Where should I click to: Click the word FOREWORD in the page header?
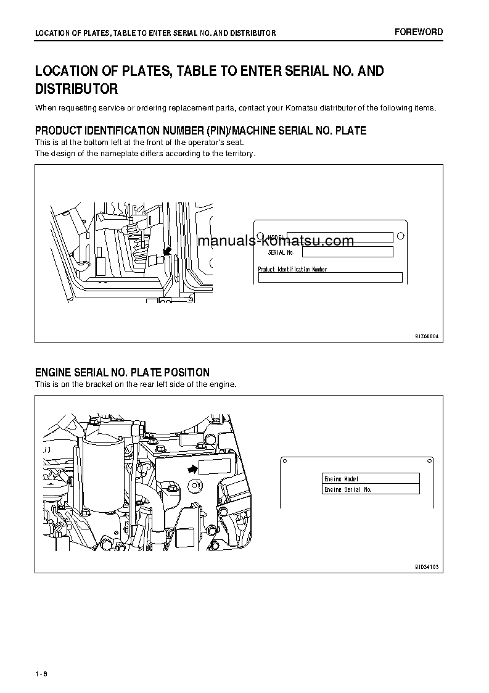coord(419,32)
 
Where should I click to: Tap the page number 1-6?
coord(41,673)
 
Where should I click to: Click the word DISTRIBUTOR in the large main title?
coord(76,89)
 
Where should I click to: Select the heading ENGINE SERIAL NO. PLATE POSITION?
coord(122,373)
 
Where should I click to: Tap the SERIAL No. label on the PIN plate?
coord(281,252)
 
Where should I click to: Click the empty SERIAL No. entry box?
coord(347,252)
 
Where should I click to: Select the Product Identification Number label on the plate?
coord(292,269)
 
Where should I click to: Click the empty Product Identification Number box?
coord(330,278)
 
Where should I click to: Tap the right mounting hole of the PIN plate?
coord(400,236)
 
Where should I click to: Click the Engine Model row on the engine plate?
coord(371,478)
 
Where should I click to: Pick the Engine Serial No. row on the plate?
coord(371,489)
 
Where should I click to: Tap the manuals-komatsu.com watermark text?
coord(276,241)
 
